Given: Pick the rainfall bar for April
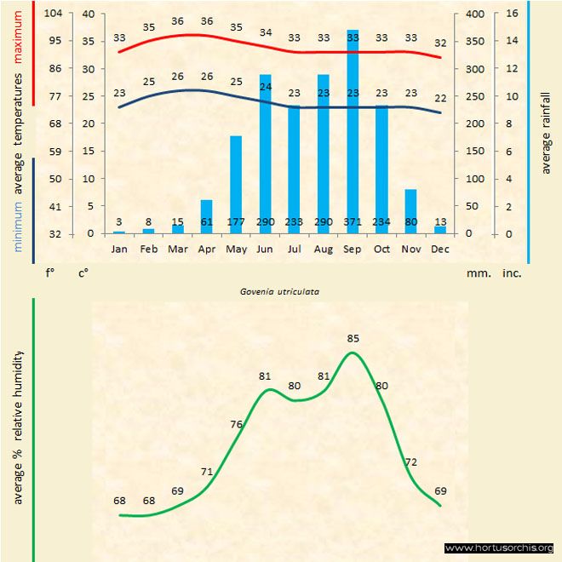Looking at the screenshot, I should [207, 216].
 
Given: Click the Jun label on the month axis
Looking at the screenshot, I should [265, 249].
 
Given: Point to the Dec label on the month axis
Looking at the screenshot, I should [440, 249].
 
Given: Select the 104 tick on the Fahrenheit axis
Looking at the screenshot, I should [53, 14].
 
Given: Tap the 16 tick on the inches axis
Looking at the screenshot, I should [512, 14].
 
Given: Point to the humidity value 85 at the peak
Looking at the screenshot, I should [353, 338].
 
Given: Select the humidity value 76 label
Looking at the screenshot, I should [237, 424].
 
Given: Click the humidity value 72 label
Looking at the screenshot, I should [411, 462].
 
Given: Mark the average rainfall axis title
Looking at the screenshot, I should [546, 132].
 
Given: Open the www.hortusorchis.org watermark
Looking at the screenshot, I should [499, 548].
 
